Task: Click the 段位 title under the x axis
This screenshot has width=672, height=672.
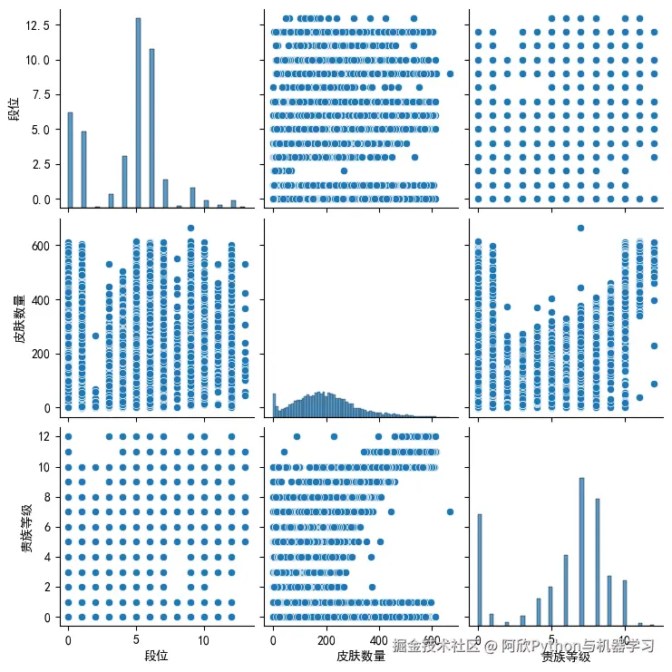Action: tap(157, 654)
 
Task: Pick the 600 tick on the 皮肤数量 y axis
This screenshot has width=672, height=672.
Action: tap(41, 246)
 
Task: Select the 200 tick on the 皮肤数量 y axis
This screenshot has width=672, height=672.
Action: tap(41, 354)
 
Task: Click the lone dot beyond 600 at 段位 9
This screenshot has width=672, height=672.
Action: tap(191, 229)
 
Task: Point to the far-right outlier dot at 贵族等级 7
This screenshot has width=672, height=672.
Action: tap(450, 511)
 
